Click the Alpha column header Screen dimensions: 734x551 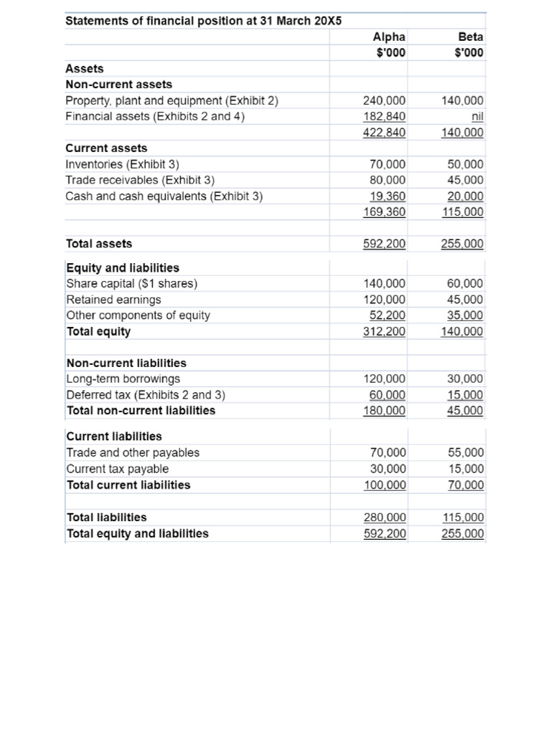click(x=389, y=37)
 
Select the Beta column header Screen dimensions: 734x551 click(x=471, y=37)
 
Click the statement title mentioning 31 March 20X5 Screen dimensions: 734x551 click(x=204, y=21)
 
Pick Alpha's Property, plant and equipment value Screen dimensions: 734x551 click(x=385, y=101)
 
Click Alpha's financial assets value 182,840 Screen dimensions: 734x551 click(x=385, y=117)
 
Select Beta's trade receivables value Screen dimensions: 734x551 click(x=465, y=180)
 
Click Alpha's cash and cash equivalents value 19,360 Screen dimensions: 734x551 click(x=388, y=196)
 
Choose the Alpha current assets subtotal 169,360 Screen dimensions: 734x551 click(x=385, y=212)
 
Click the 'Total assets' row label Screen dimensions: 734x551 click(x=99, y=244)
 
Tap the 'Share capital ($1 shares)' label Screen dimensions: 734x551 click(x=131, y=283)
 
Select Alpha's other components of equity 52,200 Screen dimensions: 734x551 click(x=388, y=315)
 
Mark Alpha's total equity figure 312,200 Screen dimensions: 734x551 click(x=385, y=332)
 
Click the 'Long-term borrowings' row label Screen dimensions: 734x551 click(x=123, y=378)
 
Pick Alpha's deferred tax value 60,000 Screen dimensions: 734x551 click(x=388, y=395)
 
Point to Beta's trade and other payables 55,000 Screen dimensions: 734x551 click(x=465, y=452)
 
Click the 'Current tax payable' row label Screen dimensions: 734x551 click(x=118, y=469)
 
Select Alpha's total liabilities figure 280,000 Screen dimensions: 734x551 click(x=385, y=518)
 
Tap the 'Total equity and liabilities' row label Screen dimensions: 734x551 click(x=138, y=533)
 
